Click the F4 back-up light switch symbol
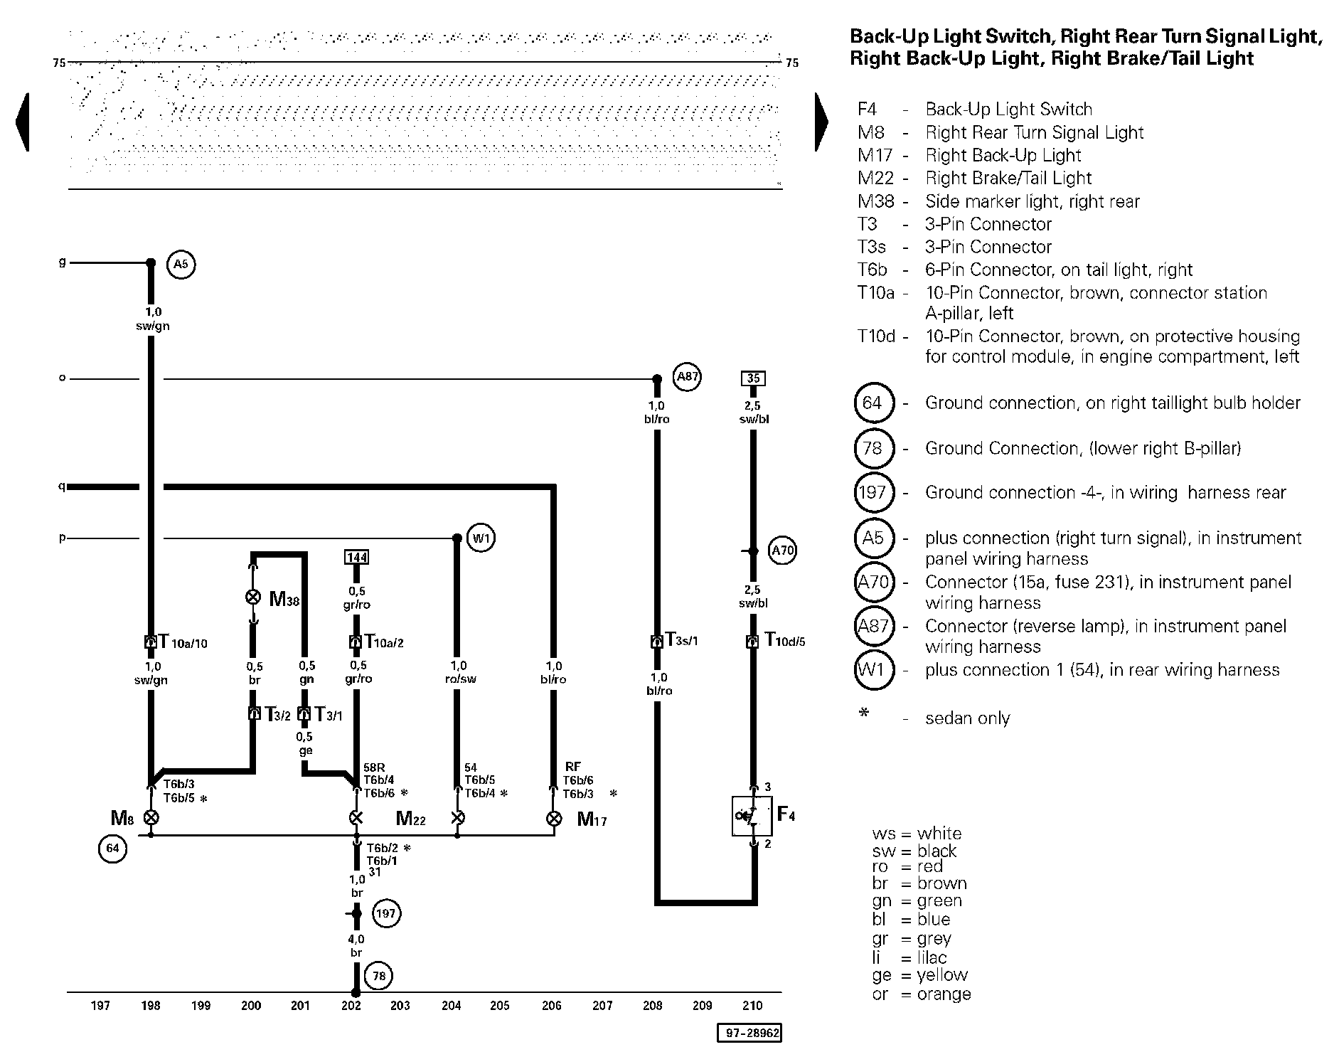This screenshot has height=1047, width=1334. coord(752,815)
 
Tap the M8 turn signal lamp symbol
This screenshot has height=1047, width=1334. coord(151,818)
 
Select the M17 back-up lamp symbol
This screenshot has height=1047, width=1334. coord(553,819)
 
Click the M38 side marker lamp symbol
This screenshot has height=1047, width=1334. coord(252,597)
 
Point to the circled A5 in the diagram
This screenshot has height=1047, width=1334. coord(181,265)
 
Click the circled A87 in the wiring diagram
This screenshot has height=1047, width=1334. coord(687,377)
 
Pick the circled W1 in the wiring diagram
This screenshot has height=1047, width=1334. coord(481,538)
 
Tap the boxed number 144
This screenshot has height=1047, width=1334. coord(356,557)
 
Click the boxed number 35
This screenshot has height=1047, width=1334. coord(753,378)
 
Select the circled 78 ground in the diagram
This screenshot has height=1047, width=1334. coord(379,976)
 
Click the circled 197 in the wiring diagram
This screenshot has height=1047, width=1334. coord(385,913)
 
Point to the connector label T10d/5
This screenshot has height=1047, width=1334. coord(784,640)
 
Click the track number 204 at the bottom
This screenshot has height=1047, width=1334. coord(451,1006)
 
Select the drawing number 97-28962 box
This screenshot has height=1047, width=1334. coord(749,1033)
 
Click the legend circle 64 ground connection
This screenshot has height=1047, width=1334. coord(872,403)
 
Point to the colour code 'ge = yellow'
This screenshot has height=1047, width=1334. coord(919,975)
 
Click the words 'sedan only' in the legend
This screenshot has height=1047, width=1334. coord(967,718)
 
